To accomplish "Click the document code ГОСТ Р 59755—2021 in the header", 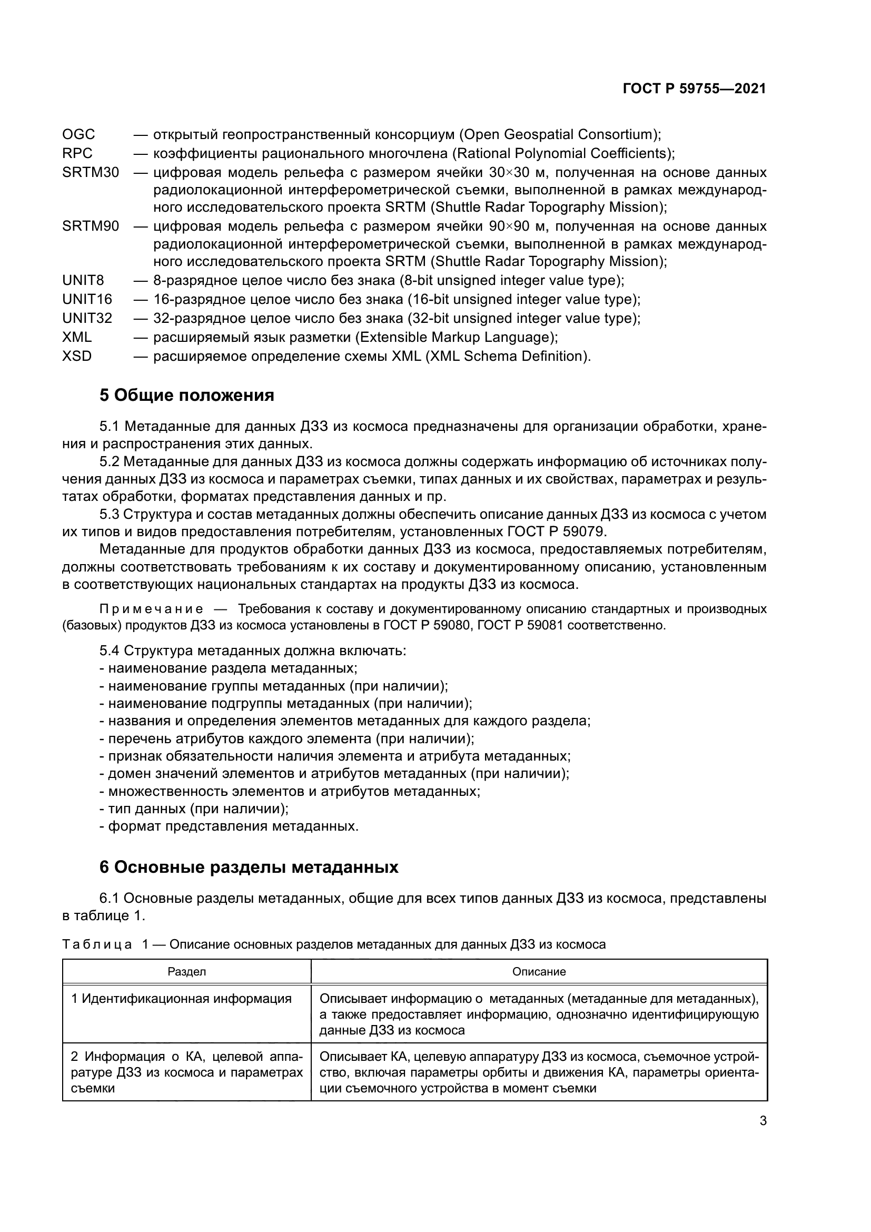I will pyautogui.click(x=694, y=88).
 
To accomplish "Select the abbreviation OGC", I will pyautogui.click(x=78, y=134).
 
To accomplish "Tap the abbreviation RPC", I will pyautogui.click(x=77, y=153).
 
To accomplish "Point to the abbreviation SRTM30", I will pyautogui.click(x=90, y=173).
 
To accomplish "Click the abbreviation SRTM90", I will pyautogui.click(x=90, y=226).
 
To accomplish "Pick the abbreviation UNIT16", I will pyautogui.click(x=87, y=299).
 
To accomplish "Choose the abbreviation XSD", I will pyautogui.click(x=77, y=356).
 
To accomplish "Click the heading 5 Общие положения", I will pyautogui.click(x=186, y=396).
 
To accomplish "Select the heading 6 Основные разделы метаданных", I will pyautogui.click(x=249, y=868).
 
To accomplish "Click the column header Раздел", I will pyautogui.click(x=186, y=972).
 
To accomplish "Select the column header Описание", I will pyautogui.click(x=539, y=972).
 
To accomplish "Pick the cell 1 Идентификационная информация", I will pyautogui.click(x=182, y=999).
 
